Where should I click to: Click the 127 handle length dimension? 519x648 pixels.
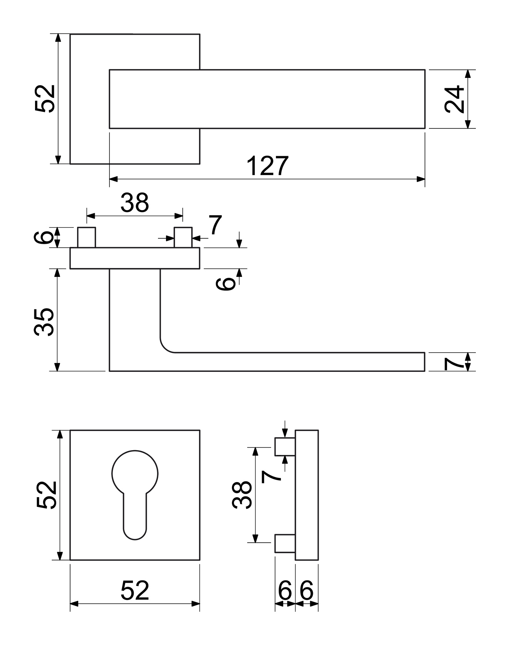click(x=267, y=166)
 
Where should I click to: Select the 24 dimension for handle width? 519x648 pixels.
click(x=455, y=99)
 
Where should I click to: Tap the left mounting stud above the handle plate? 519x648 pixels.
click(x=86, y=237)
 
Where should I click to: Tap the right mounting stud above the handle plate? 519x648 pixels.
click(x=183, y=237)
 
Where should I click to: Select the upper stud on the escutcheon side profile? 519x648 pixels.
click(x=285, y=447)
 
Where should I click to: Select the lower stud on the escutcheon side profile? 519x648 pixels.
click(x=285, y=543)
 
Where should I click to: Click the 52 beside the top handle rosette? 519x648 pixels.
click(x=45, y=99)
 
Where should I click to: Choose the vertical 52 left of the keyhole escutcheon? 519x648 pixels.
click(x=47, y=495)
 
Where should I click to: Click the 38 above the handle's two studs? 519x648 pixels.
click(x=134, y=203)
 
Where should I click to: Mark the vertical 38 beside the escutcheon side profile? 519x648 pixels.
click(x=242, y=495)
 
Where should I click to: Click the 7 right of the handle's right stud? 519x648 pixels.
click(x=215, y=225)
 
